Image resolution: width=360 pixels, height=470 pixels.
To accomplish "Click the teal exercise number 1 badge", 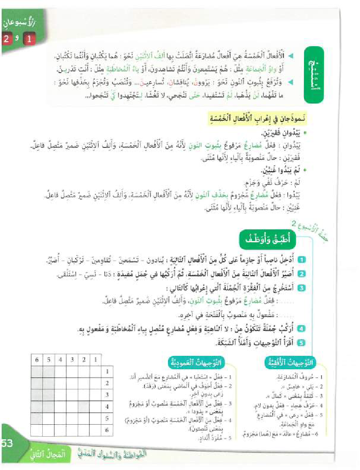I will click(x=302, y=260).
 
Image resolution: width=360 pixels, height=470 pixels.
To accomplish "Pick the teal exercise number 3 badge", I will click(x=302, y=288).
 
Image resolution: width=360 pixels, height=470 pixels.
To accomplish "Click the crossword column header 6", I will click(x=37, y=359).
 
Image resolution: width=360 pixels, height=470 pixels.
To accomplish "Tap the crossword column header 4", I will click(x=61, y=359).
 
